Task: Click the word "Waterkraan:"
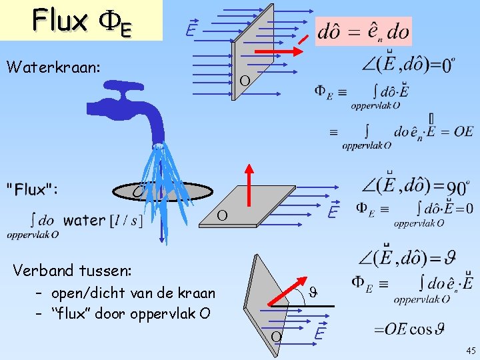point(53,67)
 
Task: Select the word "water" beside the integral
point(84,220)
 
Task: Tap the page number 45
point(471,351)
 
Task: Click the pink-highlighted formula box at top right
point(364,31)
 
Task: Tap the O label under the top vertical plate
point(245,81)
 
